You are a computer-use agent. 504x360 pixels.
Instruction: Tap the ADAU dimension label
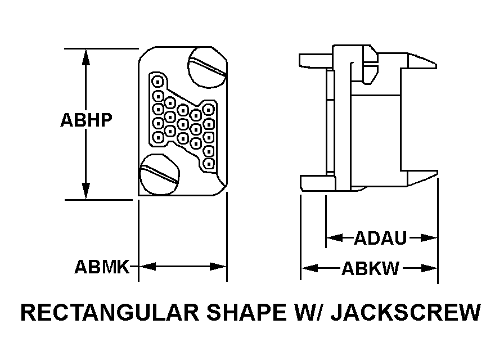pos(380,238)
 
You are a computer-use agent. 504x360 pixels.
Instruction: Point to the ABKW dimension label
pos(370,269)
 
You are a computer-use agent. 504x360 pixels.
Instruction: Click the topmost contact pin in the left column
pos(158,82)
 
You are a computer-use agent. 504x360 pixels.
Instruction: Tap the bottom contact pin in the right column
pos(209,164)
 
